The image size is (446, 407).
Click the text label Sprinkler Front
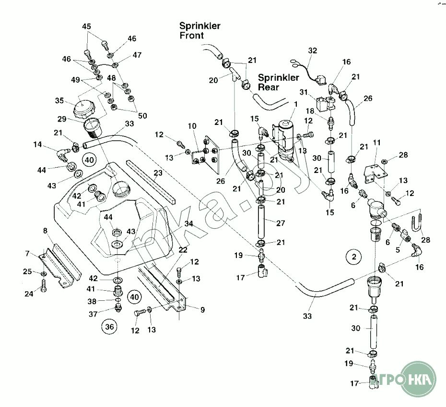200,30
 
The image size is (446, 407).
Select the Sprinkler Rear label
278,82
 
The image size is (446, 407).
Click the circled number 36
110,327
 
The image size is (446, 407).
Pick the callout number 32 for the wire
313,50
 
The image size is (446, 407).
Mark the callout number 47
137,55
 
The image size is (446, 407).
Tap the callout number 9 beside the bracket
202,310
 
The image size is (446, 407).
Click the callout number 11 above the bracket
377,142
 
